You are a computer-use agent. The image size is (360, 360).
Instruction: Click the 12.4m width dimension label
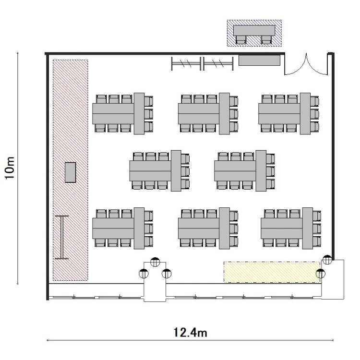pyautogui.click(x=190, y=332)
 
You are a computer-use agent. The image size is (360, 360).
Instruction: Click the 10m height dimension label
pyautogui.click(x=10, y=168)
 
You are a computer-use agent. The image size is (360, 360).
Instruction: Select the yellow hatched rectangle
pyautogui.click(x=272, y=272)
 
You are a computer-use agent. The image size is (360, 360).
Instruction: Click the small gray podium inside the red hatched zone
pyautogui.click(x=70, y=172)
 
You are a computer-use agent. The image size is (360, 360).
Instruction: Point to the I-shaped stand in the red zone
pyautogui.click(x=62, y=237)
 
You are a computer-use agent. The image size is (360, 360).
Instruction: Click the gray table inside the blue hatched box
pyautogui.click(x=254, y=31)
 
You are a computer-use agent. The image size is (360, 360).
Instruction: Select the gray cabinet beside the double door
pyautogui.click(x=259, y=60)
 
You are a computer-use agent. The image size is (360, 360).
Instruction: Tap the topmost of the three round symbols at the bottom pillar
pyautogui.click(x=155, y=262)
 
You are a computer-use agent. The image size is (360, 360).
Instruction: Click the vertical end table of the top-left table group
pyautogui.click(x=139, y=113)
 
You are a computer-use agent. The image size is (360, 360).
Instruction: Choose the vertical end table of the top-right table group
pyautogui.click(x=305, y=113)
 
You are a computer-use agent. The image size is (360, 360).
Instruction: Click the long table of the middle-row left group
pyautogui.click(x=150, y=171)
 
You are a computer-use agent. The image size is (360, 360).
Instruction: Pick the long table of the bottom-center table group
pyautogui.click(x=199, y=228)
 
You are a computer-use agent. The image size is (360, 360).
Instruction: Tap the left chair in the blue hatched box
pyautogui.click(x=241, y=40)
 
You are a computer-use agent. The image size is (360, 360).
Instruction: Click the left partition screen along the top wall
pyautogui.click(x=186, y=63)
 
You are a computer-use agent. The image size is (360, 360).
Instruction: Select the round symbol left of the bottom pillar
pyautogui.click(x=144, y=274)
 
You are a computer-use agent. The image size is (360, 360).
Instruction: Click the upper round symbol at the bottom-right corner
pyautogui.click(x=327, y=260)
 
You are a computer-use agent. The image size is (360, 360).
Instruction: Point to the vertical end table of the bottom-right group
pyautogui.click(x=307, y=228)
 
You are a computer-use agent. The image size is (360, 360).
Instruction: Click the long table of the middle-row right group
pyautogui.click(x=235, y=171)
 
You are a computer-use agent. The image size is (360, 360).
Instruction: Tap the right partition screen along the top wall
pyautogui.click(x=218, y=63)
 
